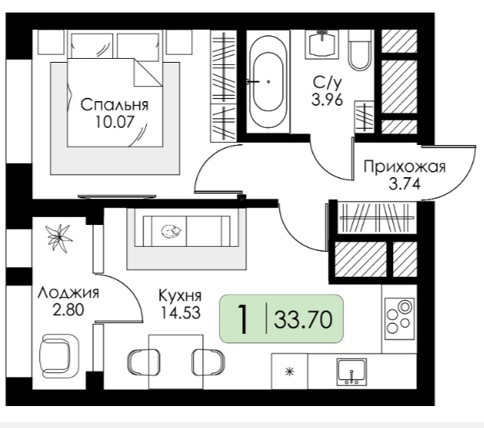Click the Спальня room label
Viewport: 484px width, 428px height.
tap(115, 105)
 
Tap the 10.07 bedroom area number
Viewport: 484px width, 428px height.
tap(115, 122)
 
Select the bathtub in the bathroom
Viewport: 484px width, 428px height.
tap(268, 82)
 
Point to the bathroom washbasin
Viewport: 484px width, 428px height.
tap(322, 44)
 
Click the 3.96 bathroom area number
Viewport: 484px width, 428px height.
tap(327, 100)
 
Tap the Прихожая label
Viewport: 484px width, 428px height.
tap(405, 167)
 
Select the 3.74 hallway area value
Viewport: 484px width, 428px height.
tap(405, 184)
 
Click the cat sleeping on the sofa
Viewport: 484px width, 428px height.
tap(172, 231)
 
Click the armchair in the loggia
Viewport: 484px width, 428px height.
tap(59, 353)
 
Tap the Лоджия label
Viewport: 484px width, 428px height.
tap(68, 293)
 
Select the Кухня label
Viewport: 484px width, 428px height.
tap(180, 296)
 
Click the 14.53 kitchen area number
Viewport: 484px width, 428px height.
tap(180, 313)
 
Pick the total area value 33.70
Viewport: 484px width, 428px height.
tap(303, 320)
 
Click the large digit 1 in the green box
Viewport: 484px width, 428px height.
tap(244, 319)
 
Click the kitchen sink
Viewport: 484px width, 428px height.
tap(352, 372)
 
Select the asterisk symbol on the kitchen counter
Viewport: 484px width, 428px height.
tap(289, 372)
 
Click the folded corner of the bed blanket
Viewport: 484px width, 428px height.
tap(148, 72)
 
